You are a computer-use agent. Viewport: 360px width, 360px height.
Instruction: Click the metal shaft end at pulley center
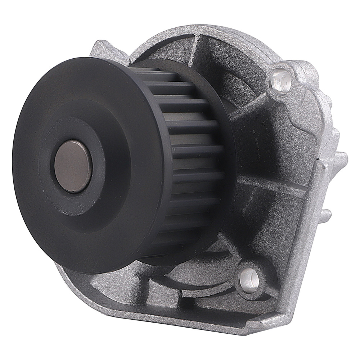tap(74, 167)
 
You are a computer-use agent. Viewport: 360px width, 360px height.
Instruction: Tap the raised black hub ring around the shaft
tap(104, 169)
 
